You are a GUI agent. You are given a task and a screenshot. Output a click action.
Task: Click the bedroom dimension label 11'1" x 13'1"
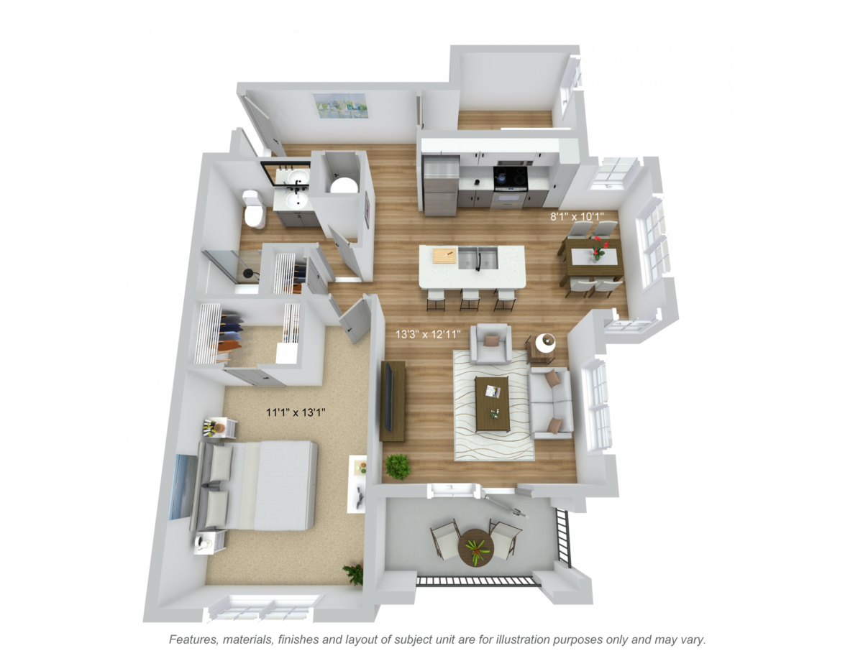pos(296,412)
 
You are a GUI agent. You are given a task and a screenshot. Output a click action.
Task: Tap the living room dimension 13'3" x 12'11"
pos(428,334)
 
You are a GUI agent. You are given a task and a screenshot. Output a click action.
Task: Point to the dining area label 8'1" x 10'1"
pos(577,216)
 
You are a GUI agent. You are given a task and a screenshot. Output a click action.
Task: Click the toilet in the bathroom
pos(253,210)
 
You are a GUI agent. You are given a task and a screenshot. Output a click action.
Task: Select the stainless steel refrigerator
pos(441,185)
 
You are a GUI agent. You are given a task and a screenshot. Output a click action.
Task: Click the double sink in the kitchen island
pos(478,257)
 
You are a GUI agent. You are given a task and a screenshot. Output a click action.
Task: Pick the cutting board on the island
pos(444,255)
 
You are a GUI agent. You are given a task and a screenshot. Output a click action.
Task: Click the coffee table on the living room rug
pos(493,404)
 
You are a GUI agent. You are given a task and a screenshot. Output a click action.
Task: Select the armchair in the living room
pos(491,343)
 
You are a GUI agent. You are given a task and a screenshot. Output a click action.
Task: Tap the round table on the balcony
pos(476,547)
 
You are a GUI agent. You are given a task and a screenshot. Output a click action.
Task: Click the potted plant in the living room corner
pos(398,467)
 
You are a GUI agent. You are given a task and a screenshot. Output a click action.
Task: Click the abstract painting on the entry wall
pos(340,106)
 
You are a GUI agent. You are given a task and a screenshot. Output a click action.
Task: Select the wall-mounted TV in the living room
pos(389,397)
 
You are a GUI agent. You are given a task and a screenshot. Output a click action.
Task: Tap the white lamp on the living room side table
pos(545,343)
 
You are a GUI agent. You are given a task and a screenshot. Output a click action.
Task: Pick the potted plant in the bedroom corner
pos(353,574)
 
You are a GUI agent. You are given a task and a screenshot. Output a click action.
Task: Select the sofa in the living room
pos(551,402)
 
